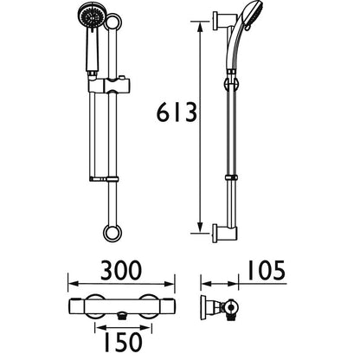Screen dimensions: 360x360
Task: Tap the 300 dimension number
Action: pos(121,270)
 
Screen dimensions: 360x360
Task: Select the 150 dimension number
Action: pos(124,342)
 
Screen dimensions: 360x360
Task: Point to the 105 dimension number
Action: pos(267,270)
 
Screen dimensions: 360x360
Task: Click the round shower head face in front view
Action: pos(92,16)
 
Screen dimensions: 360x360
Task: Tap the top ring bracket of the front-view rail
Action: pos(112,22)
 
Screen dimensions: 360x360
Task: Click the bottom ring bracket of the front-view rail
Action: pos(112,233)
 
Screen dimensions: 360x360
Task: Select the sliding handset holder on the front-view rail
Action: pos(110,86)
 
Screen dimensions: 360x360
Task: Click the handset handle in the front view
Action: pos(93,50)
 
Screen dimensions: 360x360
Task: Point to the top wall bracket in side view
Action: pos(223,21)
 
